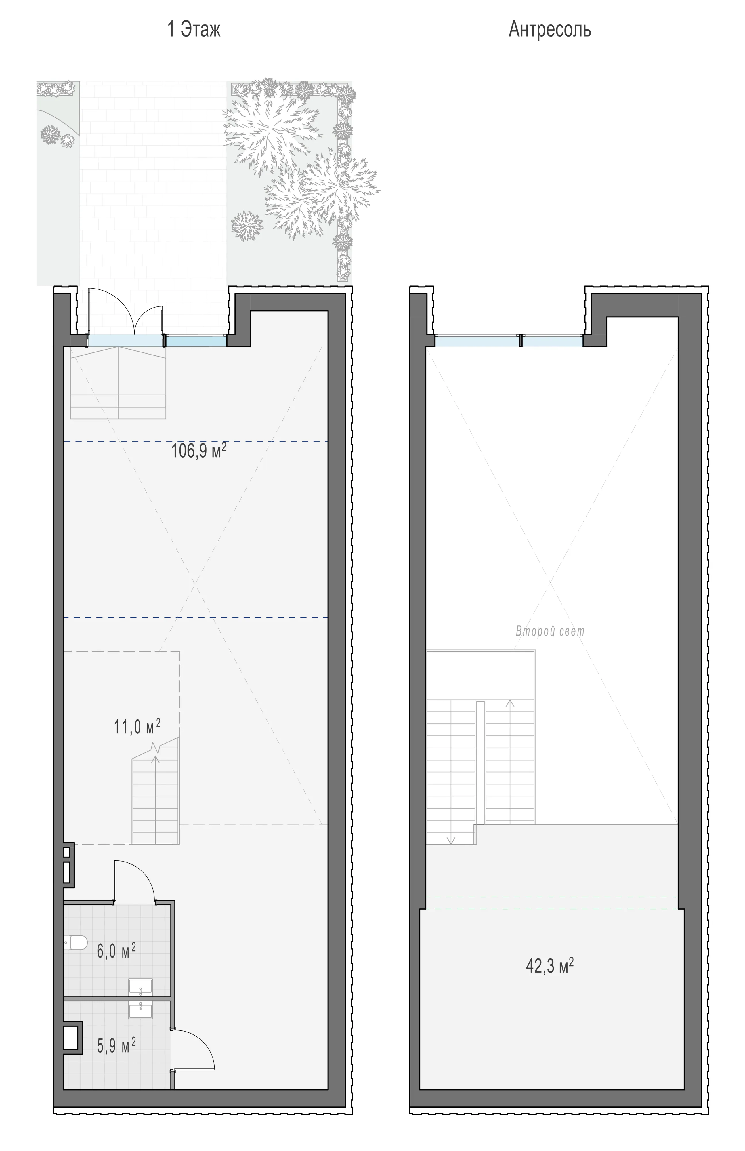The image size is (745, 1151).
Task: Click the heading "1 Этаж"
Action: pos(194,30)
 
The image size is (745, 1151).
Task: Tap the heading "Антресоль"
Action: pos(550,30)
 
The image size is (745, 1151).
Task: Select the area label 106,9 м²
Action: pos(199,451)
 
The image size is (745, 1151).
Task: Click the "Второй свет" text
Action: pos(550,631)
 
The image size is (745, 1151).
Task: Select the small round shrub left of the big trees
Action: pos(247,225)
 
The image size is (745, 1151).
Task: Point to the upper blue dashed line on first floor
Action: pos(196,441)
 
